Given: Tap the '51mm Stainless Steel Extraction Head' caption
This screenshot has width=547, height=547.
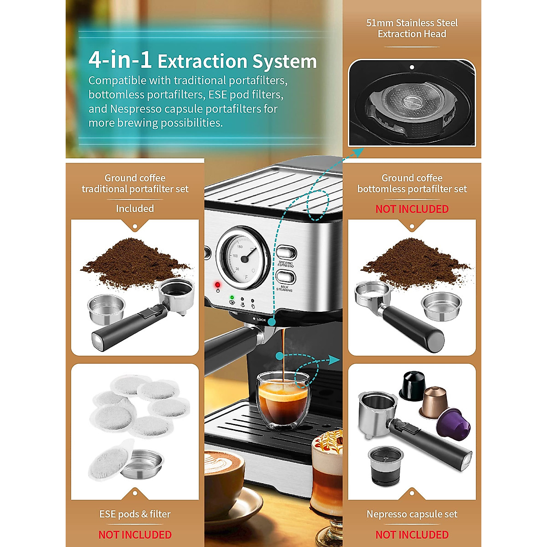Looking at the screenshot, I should tap(412, 28).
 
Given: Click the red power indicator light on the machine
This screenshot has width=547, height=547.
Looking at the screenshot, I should tap(217, 285).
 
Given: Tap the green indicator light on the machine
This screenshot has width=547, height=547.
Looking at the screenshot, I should tap(232, 297).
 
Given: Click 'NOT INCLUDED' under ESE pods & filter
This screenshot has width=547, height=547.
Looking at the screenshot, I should tap(135, 534).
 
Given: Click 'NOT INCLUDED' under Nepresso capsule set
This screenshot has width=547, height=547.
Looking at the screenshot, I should tap(412, 534).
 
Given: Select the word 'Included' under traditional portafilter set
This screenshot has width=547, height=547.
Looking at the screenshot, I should tap(135, 208).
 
